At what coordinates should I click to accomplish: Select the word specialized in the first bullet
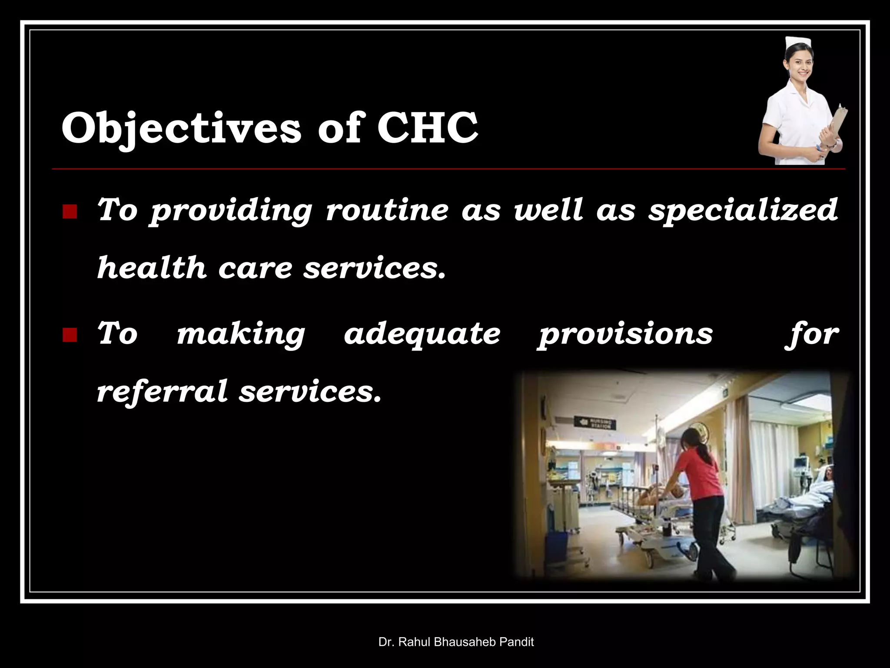click(x=743, y=210)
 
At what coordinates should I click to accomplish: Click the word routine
click(x=387, y=209)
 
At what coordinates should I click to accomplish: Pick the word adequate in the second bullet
click(x=422, y=334)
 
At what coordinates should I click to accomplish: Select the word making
click(x=241, y=334)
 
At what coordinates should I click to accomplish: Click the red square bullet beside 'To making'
click(x=70, y=336)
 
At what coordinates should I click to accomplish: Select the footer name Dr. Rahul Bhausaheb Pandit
click(x=456, y=642)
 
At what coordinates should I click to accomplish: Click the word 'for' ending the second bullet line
click(x=812, y=334)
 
